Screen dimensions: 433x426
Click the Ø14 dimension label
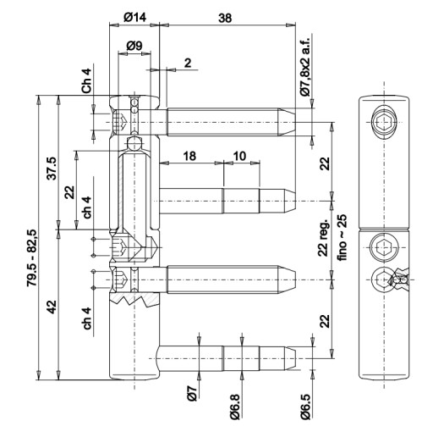[x=135, y=18]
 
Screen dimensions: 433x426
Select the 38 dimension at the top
[x=225, y=18]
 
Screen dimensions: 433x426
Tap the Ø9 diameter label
[x=134, y=46]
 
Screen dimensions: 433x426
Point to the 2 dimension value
[x=188, y=63]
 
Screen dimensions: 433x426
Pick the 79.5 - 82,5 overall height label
[x=31, y=258]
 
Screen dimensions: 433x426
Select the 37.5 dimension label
[x=52, y=169]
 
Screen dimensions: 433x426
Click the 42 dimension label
[x=52, y=307]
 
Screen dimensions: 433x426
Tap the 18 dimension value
[x=189, y=156]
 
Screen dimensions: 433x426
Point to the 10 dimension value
[x=239, y=156]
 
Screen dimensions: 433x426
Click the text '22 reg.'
[x=324, y=237]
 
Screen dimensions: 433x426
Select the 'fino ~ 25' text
[x=343, y=237]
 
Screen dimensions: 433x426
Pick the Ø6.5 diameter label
[x=305, y=407]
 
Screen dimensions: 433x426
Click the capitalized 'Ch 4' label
[x=86, y=81]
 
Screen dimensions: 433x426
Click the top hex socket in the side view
[x=384, y=122]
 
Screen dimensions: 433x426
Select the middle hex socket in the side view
[x=384, y=247]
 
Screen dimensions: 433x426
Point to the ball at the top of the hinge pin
[x=134, y=143]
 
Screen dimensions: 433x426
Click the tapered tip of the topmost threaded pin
[x=287, y=122]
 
